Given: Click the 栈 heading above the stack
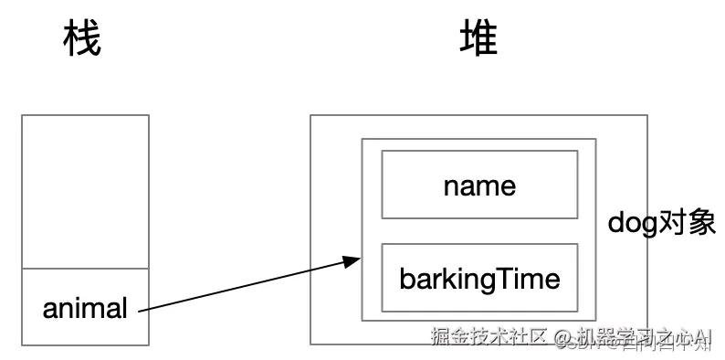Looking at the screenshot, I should [81, 39].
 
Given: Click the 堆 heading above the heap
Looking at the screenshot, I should [478, 39].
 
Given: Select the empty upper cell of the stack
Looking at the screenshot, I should [85, 192].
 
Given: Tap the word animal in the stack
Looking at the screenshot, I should [85, 309].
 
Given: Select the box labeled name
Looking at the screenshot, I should [479, 185].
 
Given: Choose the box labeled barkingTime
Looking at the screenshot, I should [479, 278].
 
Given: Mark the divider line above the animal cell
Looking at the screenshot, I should [85, 269].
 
